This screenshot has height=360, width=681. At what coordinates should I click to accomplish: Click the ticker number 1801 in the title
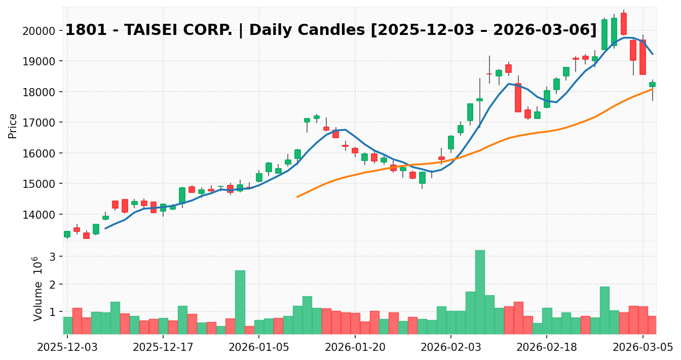pos(83,30)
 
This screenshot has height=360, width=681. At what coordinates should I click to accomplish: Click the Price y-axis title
pos(13,126)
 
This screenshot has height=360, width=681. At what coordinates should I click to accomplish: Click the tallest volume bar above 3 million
pos(480,292)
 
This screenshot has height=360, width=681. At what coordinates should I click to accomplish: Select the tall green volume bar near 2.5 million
pos(240,302)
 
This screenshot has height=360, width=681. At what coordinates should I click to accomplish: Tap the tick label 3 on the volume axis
pos(52,256)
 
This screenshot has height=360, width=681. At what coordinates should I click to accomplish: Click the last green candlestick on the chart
pos(652,85)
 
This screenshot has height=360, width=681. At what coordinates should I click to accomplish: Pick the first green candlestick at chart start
pos(67,234)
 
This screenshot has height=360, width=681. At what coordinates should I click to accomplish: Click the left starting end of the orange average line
pos(297,196)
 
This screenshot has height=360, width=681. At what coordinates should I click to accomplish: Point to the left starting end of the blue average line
pos(105,228)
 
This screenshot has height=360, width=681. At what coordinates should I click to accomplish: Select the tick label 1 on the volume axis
pos(52,312)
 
